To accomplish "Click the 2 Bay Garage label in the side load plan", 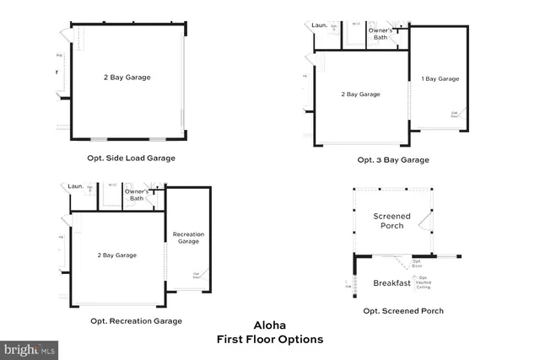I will coord(127,78).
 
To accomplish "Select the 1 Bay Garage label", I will coord(440,78).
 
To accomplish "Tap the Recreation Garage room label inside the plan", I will coord(187,237).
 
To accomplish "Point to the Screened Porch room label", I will coord(391,221).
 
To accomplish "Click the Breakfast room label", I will coord(391,283).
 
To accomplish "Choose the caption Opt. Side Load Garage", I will coord(131,158).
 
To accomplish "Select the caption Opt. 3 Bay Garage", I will coord(393,159).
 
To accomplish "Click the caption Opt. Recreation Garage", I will coord(136,320).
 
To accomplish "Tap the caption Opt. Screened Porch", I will coord(403,311).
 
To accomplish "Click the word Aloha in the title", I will coord(270,325).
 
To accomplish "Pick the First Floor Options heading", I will coord(270,339).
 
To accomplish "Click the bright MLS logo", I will coord(30,348).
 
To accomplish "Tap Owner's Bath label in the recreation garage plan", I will coord(136,195).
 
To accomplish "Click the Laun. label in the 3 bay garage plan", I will coord(319,25).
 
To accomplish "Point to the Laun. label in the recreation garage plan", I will coord(76,186).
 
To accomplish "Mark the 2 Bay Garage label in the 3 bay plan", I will coord(360,94).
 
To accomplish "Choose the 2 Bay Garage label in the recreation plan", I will coord(117,255).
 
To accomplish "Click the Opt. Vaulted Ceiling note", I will coord(421,282).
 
